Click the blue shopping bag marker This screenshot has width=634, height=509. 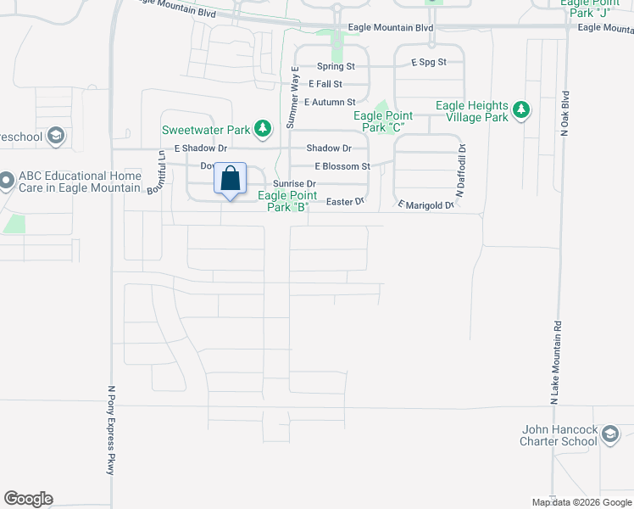pos(230,179)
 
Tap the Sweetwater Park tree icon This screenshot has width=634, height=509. pos(264,129)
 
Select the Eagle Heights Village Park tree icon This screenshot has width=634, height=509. pos(520,110)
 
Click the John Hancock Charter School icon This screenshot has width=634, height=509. pos(609,436)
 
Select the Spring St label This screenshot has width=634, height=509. pos(336,66)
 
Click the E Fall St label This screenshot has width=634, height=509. pos(325,84)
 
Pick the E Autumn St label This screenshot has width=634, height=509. pos(330,102)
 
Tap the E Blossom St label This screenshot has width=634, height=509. pos(342,167)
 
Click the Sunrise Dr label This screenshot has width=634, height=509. pos(294,184)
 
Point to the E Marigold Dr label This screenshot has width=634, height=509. pos(426,204)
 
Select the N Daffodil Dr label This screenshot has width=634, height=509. pos(462,170)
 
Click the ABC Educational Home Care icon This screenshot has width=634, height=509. pos(7,180)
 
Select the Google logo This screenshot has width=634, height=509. pos(28,499)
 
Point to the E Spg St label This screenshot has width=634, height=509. pos(429,63)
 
